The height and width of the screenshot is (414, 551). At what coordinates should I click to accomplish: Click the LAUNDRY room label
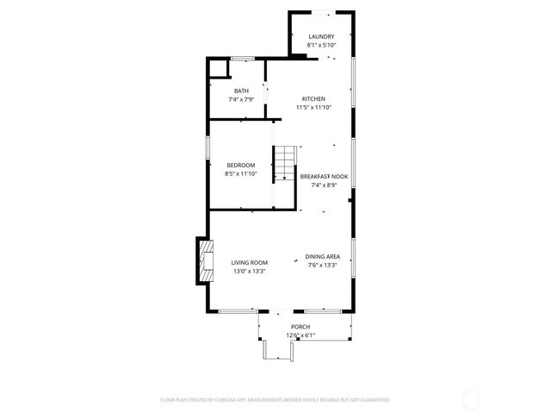point(321,36)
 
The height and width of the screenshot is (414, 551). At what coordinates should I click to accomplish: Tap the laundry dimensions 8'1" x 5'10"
point(321,45)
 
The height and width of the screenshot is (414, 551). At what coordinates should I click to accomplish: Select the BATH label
point(242,91)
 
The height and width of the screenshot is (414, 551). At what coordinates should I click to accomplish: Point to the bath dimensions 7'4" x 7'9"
point(242,99)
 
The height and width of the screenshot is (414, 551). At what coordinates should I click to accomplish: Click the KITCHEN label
point(313,98)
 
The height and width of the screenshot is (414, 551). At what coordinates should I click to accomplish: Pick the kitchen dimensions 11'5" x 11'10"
point(313,107)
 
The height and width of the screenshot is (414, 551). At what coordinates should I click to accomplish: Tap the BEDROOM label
point(241,165)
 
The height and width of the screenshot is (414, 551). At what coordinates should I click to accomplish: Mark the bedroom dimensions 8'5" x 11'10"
point(241,173)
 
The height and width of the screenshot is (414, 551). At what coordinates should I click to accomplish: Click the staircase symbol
point(285,163)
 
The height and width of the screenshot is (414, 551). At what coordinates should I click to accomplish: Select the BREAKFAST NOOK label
point(324,176)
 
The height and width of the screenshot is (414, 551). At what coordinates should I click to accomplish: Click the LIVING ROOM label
point(249,262)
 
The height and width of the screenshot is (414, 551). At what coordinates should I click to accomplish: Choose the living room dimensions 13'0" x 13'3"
point(249,271)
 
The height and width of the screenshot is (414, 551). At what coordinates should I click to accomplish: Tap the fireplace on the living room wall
point(205,261)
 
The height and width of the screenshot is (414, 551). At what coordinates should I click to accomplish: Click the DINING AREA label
point(323,256)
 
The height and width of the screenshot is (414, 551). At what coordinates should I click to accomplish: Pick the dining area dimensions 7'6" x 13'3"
point(323,265)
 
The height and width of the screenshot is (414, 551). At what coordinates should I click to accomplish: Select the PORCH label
point(300,327)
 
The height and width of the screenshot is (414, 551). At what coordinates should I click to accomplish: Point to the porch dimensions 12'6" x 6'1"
point(300,336)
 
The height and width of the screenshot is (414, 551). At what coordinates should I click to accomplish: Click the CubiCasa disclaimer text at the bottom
point(275,399)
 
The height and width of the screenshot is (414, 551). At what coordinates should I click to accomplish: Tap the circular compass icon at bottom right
point(471,399)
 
